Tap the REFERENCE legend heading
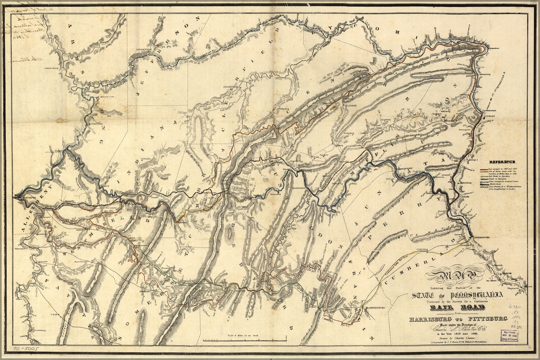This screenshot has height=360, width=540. [x=502, y=162]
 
